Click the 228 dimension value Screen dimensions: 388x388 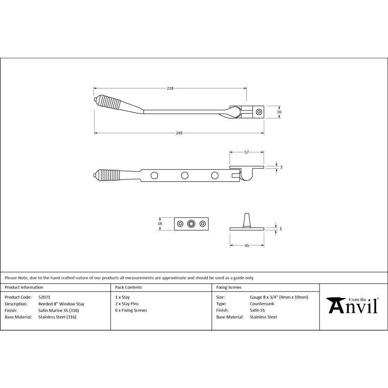tap(170, 88)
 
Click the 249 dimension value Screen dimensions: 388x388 tap(179, 133)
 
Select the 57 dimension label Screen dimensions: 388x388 tap(246, 152)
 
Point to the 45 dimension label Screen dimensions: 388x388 tap(247, 245)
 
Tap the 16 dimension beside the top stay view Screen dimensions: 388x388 tap(279, 112)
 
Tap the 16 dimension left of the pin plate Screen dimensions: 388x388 tap(160, 223)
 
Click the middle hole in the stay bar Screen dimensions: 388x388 tap(185, 175)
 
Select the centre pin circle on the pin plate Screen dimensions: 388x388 tap(191, 223)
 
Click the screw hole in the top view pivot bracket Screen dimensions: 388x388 tap(259, 112)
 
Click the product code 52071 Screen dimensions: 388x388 tap(45, 297)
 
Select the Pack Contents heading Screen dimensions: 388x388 tap(128, 288)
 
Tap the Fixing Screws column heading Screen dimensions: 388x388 tap(229, 288)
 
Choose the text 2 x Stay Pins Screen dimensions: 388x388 tap(127, 304)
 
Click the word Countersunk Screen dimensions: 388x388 tap(262, 304)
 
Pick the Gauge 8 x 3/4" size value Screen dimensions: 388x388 tap(279, 297)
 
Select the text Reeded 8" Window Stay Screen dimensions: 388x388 tap(61, 304)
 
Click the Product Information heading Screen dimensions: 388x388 tap(24, 288)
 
